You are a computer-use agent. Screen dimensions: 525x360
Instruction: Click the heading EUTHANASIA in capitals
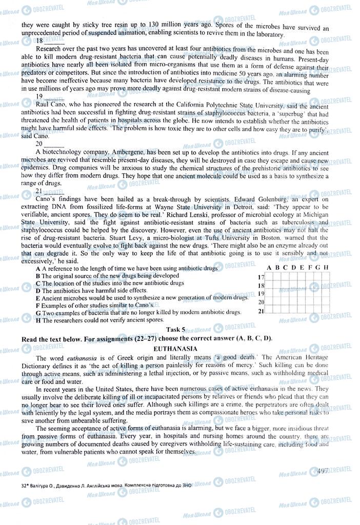(180, 348)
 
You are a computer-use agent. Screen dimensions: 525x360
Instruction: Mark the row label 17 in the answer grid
(261, 277)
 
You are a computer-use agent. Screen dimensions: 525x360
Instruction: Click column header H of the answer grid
(326, 268)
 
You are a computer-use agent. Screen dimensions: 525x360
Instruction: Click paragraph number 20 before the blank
(39, 145)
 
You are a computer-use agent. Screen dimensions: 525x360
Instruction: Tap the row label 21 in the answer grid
(261, 310)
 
